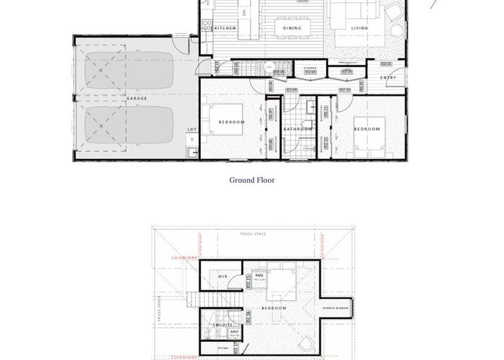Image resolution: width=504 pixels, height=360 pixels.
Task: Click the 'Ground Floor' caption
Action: (252, 180)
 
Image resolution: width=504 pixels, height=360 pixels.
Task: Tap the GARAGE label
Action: (138, 97)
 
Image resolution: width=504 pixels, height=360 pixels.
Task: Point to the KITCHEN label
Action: (226, 28)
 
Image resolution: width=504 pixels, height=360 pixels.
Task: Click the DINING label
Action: (292, 28)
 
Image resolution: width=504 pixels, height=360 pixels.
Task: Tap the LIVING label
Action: (359, 28)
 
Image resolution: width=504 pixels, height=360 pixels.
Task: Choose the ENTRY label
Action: (387, 77)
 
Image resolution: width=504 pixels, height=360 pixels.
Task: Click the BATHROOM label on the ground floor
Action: (297, 129)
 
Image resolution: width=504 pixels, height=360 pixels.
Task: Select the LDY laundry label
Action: (192, 130)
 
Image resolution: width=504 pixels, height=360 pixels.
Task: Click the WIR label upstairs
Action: (224, 276)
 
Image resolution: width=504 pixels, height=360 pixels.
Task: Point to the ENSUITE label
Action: (223, 325)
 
